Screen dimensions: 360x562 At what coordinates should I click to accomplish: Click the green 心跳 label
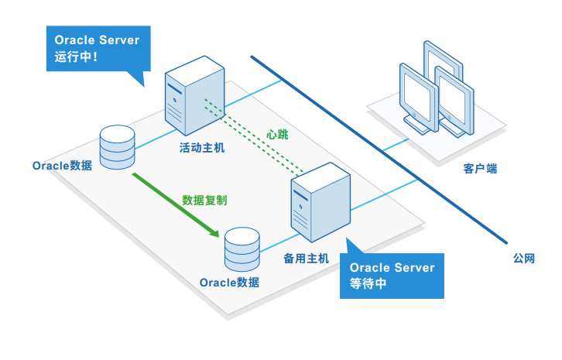click(276, 133)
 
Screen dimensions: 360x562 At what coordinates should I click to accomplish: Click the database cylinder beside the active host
click(118, 145)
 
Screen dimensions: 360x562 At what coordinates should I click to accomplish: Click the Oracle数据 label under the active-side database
click(62, 166)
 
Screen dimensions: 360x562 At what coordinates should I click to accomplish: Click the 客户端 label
click(480, 167)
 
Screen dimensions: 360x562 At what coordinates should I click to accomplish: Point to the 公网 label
click(523, 259)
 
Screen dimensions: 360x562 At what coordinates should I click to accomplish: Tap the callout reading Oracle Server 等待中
click(392, 275)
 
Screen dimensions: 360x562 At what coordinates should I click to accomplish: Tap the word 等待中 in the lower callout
click(368, 284)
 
